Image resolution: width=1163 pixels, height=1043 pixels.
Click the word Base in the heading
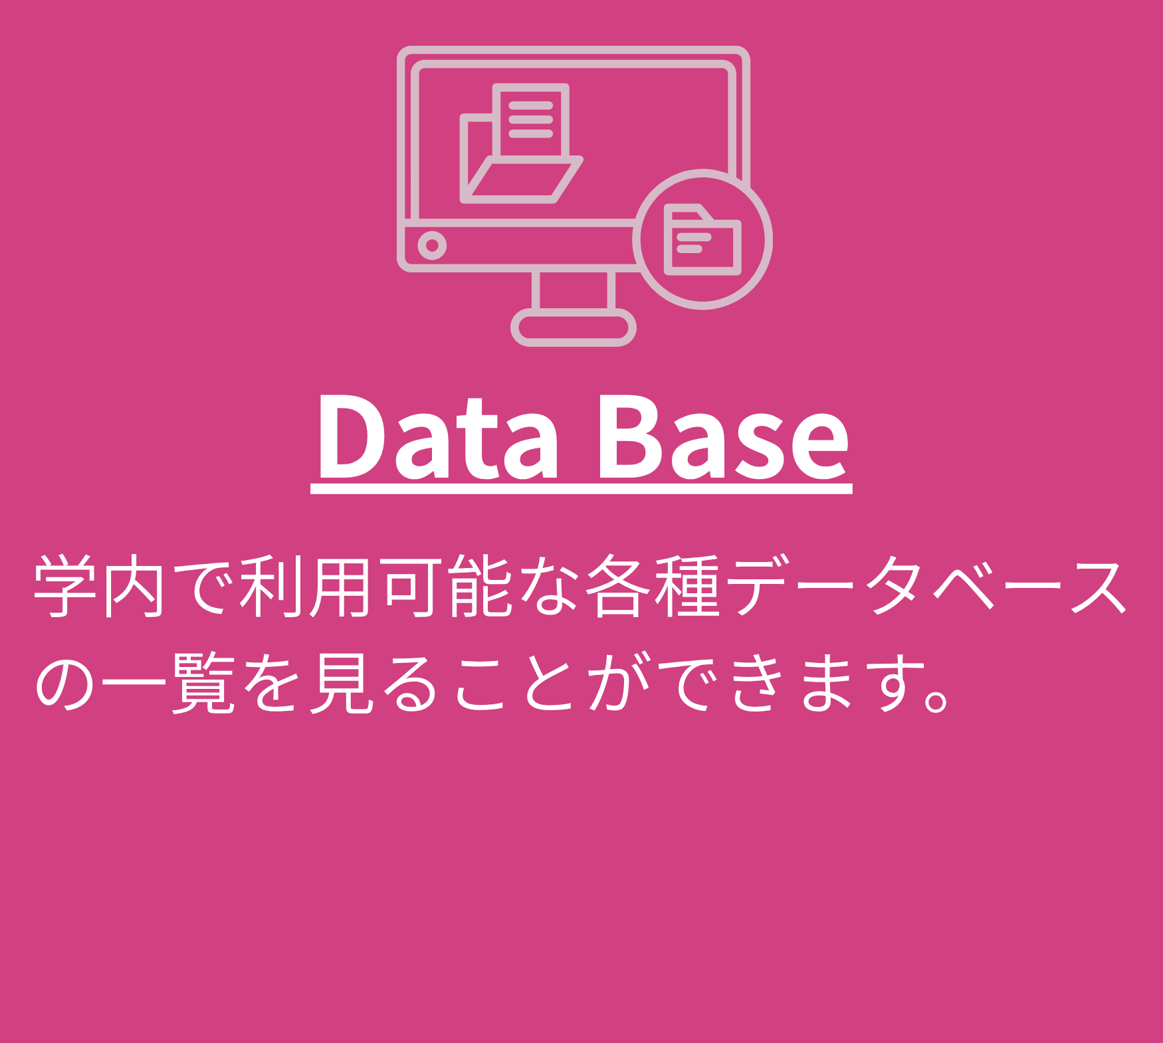(x=724, y=436)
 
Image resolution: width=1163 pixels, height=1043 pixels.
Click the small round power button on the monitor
(x=432, y=246)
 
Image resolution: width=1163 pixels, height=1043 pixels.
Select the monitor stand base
(x=573, y=328)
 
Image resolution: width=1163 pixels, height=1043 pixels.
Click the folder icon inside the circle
(x=702, y=239)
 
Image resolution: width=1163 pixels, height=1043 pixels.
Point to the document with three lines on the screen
(x=531, y=121)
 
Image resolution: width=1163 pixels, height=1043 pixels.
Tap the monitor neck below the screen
(x=573, y=290)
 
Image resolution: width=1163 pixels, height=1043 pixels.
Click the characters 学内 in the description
(x=100, y=587)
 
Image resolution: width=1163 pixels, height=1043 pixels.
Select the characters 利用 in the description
(x=305, y=587)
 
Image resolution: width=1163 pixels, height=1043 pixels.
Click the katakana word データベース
(x=927, y=587)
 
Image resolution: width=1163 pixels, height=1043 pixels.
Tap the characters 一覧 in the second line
(x=169, y=683)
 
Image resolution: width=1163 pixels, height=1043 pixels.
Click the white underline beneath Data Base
(x=581, y=490)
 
